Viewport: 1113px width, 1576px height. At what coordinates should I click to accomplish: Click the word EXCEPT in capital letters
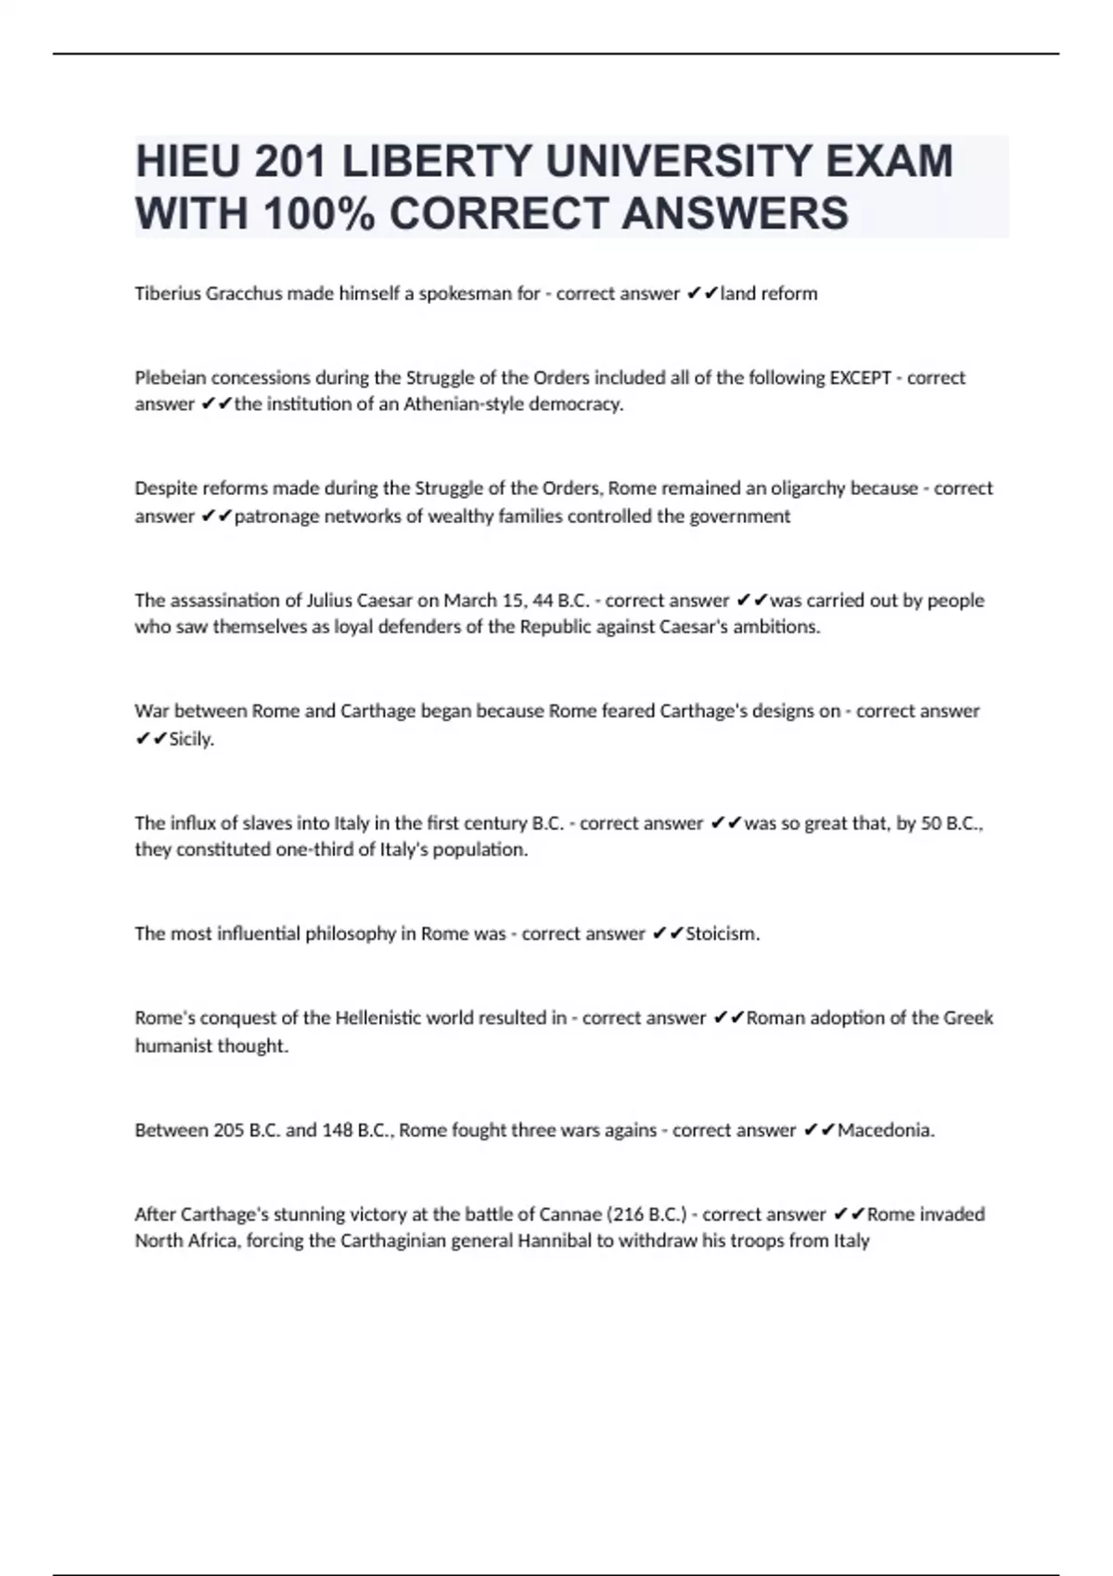[x=860, y=377]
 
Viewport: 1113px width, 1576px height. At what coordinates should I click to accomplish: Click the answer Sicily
[x=191, y=740]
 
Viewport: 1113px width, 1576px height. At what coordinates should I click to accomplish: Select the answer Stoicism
[x=722, y=934]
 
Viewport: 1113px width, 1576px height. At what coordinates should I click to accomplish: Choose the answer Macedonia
[x=885, y=1130]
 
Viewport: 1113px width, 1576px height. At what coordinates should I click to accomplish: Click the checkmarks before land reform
[x=702, y=294]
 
